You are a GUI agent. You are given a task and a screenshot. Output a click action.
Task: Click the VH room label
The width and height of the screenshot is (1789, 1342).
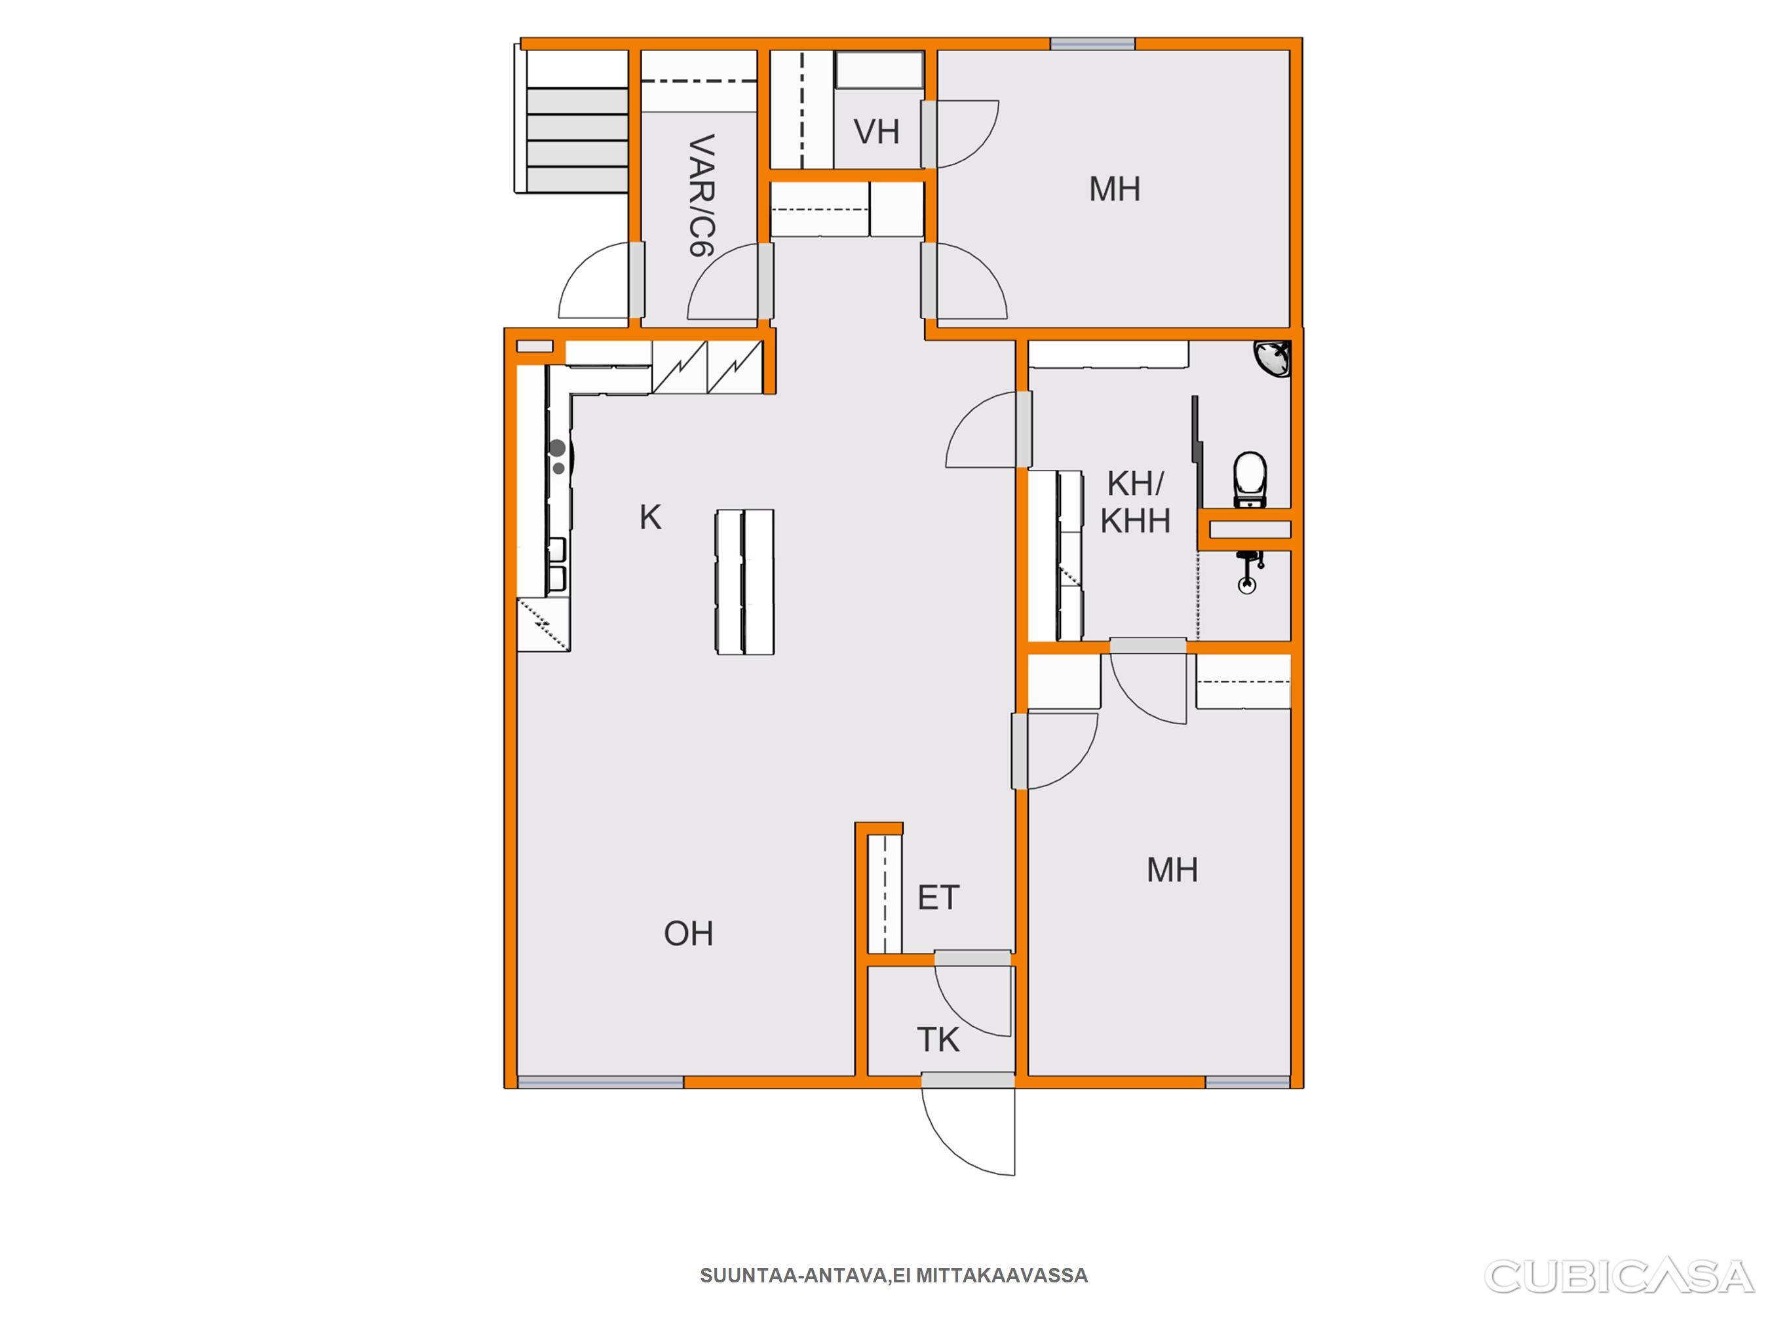pos(877,132)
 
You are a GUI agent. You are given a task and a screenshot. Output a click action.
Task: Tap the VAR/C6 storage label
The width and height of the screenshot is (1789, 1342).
pos(702,196)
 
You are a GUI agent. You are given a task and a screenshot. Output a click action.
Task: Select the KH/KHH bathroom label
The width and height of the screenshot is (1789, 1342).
pos(1136,503)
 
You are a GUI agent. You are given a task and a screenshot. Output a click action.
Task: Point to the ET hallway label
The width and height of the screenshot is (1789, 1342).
pos(938,898)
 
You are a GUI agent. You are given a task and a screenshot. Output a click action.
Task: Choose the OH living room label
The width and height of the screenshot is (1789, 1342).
pos(688,934)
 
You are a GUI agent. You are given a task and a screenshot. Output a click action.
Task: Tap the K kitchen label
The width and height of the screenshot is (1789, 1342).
pos(650,517)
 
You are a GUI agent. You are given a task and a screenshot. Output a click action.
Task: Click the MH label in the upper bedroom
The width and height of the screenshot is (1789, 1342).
pos(1115,189)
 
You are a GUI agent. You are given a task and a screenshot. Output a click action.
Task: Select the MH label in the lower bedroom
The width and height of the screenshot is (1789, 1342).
pos(1172,870)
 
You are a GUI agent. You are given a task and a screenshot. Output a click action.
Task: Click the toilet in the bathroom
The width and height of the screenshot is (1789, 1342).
pos(1250,480)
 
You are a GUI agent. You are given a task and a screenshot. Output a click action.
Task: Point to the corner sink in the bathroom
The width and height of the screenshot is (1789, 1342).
pos(1273,358)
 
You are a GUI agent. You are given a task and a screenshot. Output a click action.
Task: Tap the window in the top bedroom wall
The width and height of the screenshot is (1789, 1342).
pos(1092,45)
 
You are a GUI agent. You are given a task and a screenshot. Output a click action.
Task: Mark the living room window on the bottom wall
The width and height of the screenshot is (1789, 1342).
pos(601,1081)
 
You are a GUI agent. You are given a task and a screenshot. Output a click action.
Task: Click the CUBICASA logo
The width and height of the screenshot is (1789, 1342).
pos(1619,1277)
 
